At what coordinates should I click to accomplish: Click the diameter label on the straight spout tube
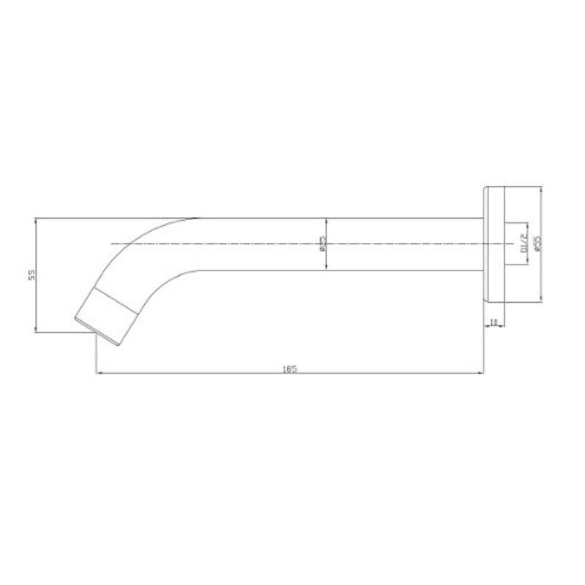[322, 244]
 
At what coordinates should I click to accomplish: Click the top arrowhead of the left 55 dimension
[36, 220]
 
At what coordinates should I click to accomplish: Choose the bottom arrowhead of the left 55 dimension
[36, 331]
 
